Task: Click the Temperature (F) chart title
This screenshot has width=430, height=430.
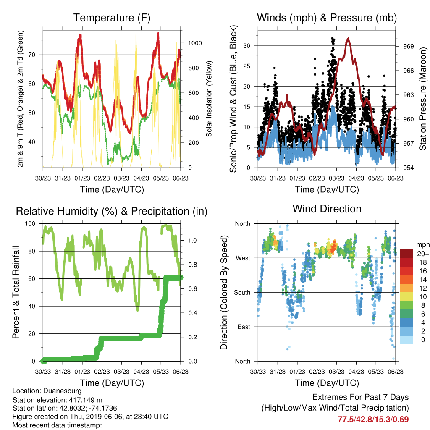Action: coord(112,18)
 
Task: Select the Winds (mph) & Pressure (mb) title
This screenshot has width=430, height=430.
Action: coord(327,18)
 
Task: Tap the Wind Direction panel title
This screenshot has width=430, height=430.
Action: coord(327,209)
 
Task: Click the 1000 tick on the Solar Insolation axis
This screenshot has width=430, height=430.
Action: coord(195,43)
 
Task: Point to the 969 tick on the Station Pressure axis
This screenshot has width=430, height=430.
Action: coord(408,46)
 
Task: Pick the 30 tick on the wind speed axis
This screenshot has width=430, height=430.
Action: coord(247,46)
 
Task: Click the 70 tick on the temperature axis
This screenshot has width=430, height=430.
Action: coord(32,55)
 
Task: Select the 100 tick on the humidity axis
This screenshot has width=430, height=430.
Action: coord(30,224)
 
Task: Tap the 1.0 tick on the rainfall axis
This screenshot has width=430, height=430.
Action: coord(192,241)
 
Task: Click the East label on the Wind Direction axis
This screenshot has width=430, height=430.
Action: coord(244,327)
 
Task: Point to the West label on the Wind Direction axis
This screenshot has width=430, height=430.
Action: coord(243,258)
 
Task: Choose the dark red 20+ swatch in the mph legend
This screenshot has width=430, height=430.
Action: coord(406,254)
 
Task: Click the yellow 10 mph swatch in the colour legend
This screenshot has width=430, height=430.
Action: coord(406,297)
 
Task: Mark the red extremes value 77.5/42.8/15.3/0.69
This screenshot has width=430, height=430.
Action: coord(373,420)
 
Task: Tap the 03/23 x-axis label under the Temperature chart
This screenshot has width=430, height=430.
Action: coord(121,178)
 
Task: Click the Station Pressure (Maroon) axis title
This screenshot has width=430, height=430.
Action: coord(422,99)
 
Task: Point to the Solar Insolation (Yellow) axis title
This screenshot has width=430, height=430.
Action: coord(209,99)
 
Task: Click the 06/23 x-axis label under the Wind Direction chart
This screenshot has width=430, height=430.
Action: coord(396,372)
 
